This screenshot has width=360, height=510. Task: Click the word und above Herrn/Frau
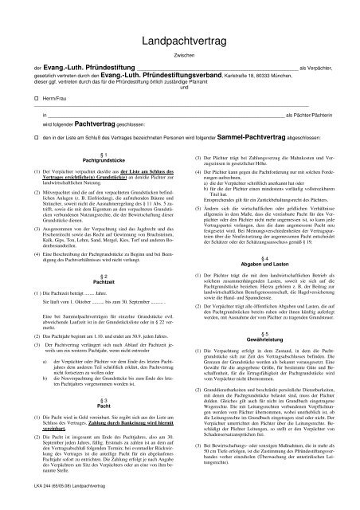184,108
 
